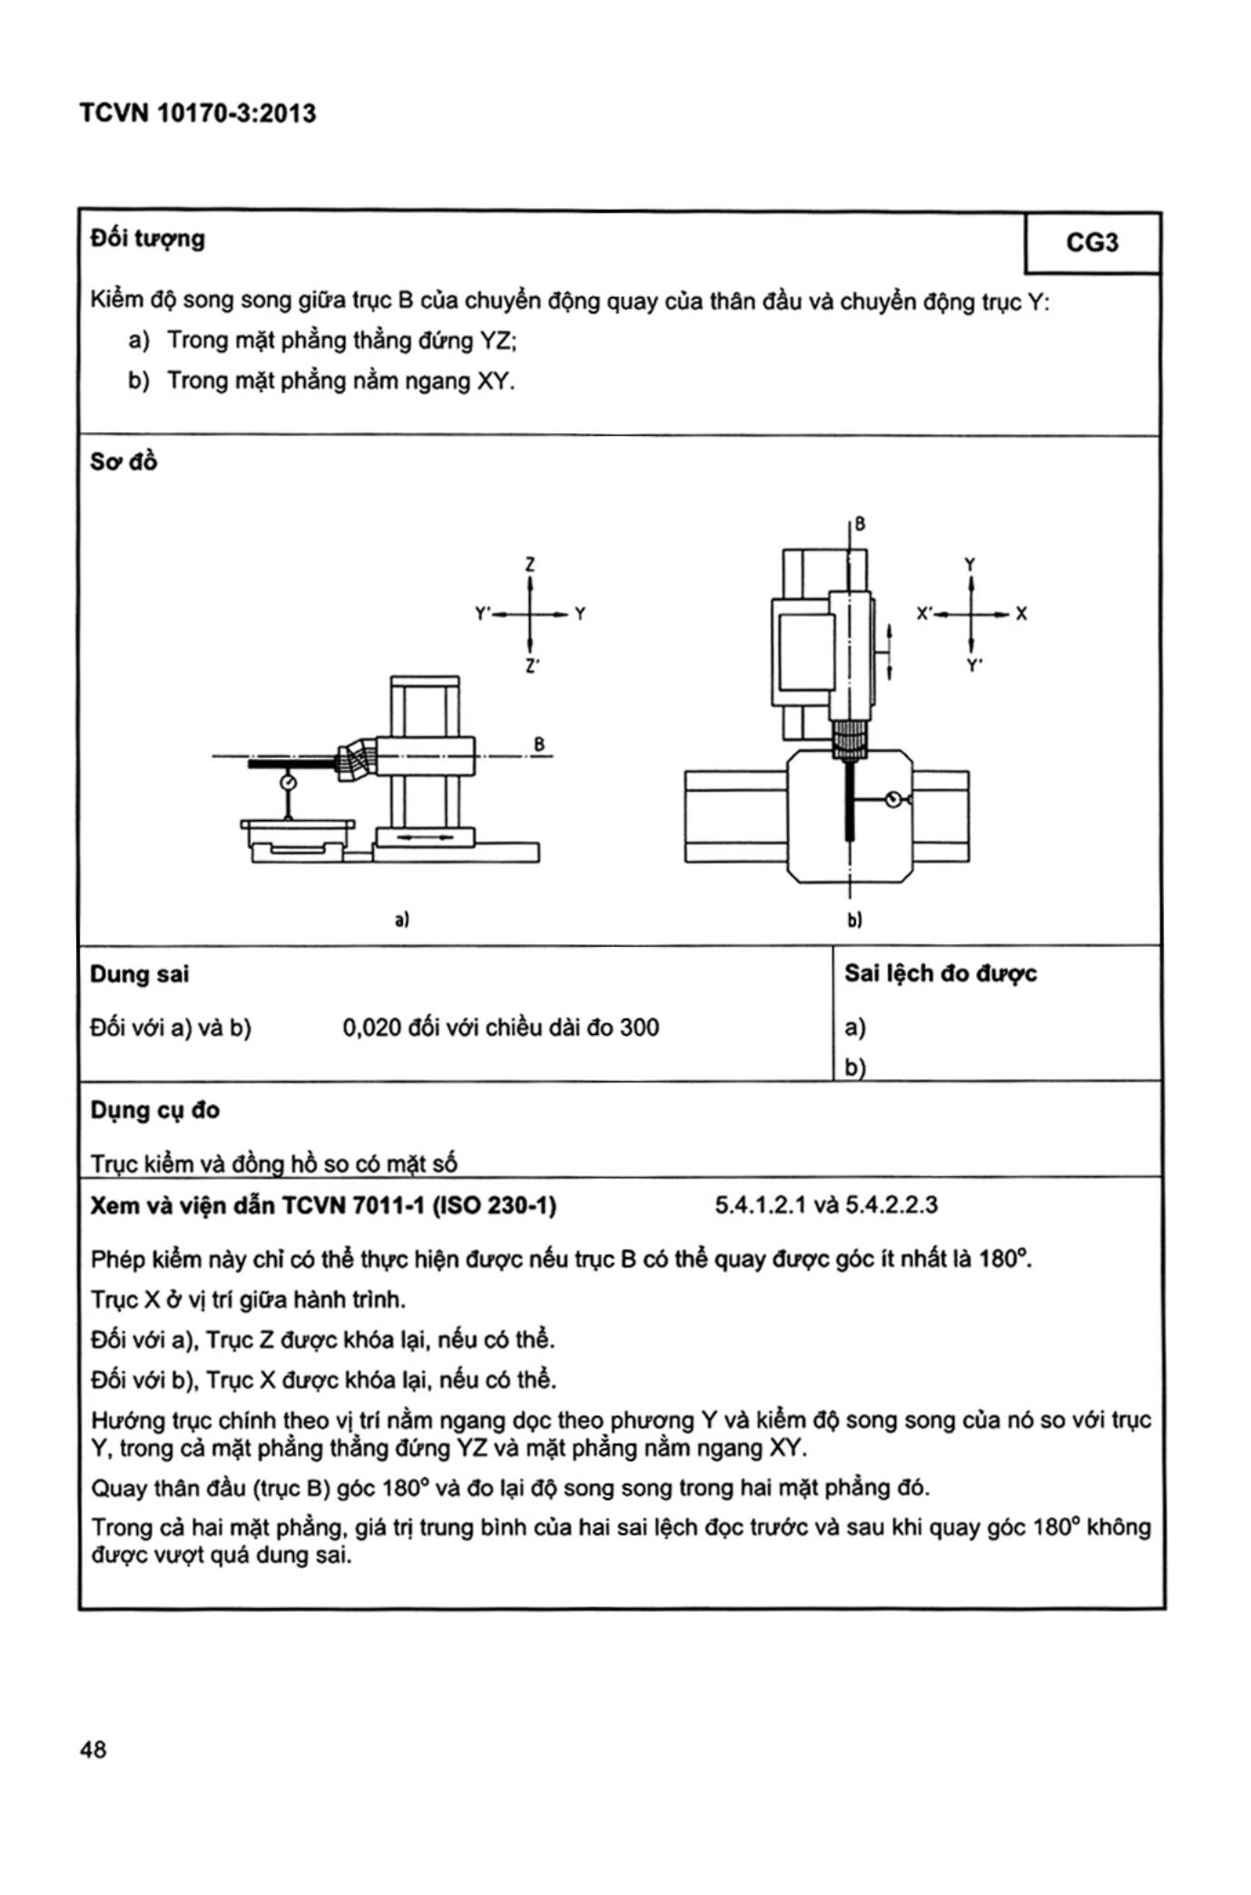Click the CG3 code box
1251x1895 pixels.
coord(1092,242)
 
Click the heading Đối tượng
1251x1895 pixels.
coord(147,239)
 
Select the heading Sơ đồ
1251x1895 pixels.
coord(123,462)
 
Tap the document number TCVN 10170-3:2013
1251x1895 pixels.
coord(197,114)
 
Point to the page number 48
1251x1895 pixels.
coord(93,1749)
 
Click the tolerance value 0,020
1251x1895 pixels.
coord(371,1027)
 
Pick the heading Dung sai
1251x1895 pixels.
coord(139,974)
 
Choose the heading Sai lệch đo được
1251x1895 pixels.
coord(940,973)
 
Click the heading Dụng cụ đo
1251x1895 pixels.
coord(154,1110)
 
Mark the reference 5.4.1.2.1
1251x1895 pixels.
coord(760,1205)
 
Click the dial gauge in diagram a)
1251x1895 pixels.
coord(289,782)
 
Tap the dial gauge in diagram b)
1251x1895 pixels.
coord(894,799)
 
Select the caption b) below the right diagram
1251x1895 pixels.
coord(854,919)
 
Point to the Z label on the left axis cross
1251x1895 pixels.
coord(530,564)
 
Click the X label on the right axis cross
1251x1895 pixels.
coord(1021,614)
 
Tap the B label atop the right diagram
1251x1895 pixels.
coord(860,524)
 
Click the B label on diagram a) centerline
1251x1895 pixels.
coord(539,745)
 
